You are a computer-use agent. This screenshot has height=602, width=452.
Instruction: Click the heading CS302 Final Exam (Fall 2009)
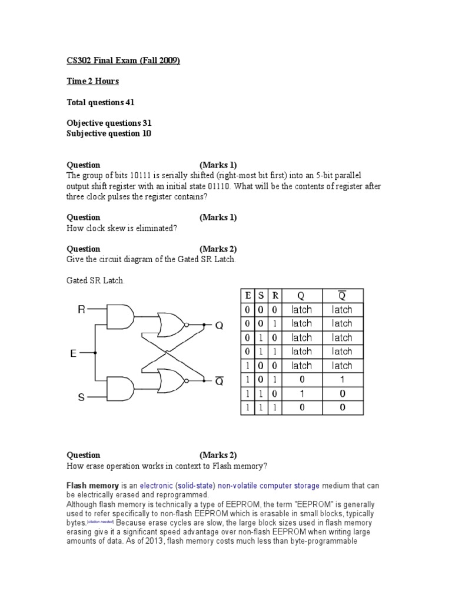coord(123,61)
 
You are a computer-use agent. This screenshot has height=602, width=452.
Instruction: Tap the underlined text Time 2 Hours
coord(92,81)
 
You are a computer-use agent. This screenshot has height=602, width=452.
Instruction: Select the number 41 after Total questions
coord(130,102)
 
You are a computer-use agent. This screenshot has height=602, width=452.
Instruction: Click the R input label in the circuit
coord(82,309)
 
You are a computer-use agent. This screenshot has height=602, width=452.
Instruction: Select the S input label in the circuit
coord(82,397)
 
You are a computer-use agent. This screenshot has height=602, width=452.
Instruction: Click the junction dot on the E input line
coord(95,353)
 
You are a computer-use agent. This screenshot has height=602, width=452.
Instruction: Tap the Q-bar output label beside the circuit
coord(219,382)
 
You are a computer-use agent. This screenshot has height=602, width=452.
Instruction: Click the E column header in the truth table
coord(248,296)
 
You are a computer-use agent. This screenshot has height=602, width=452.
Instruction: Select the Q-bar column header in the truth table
coord(342,296)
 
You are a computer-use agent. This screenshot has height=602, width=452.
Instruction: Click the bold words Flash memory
coord(92,486)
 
